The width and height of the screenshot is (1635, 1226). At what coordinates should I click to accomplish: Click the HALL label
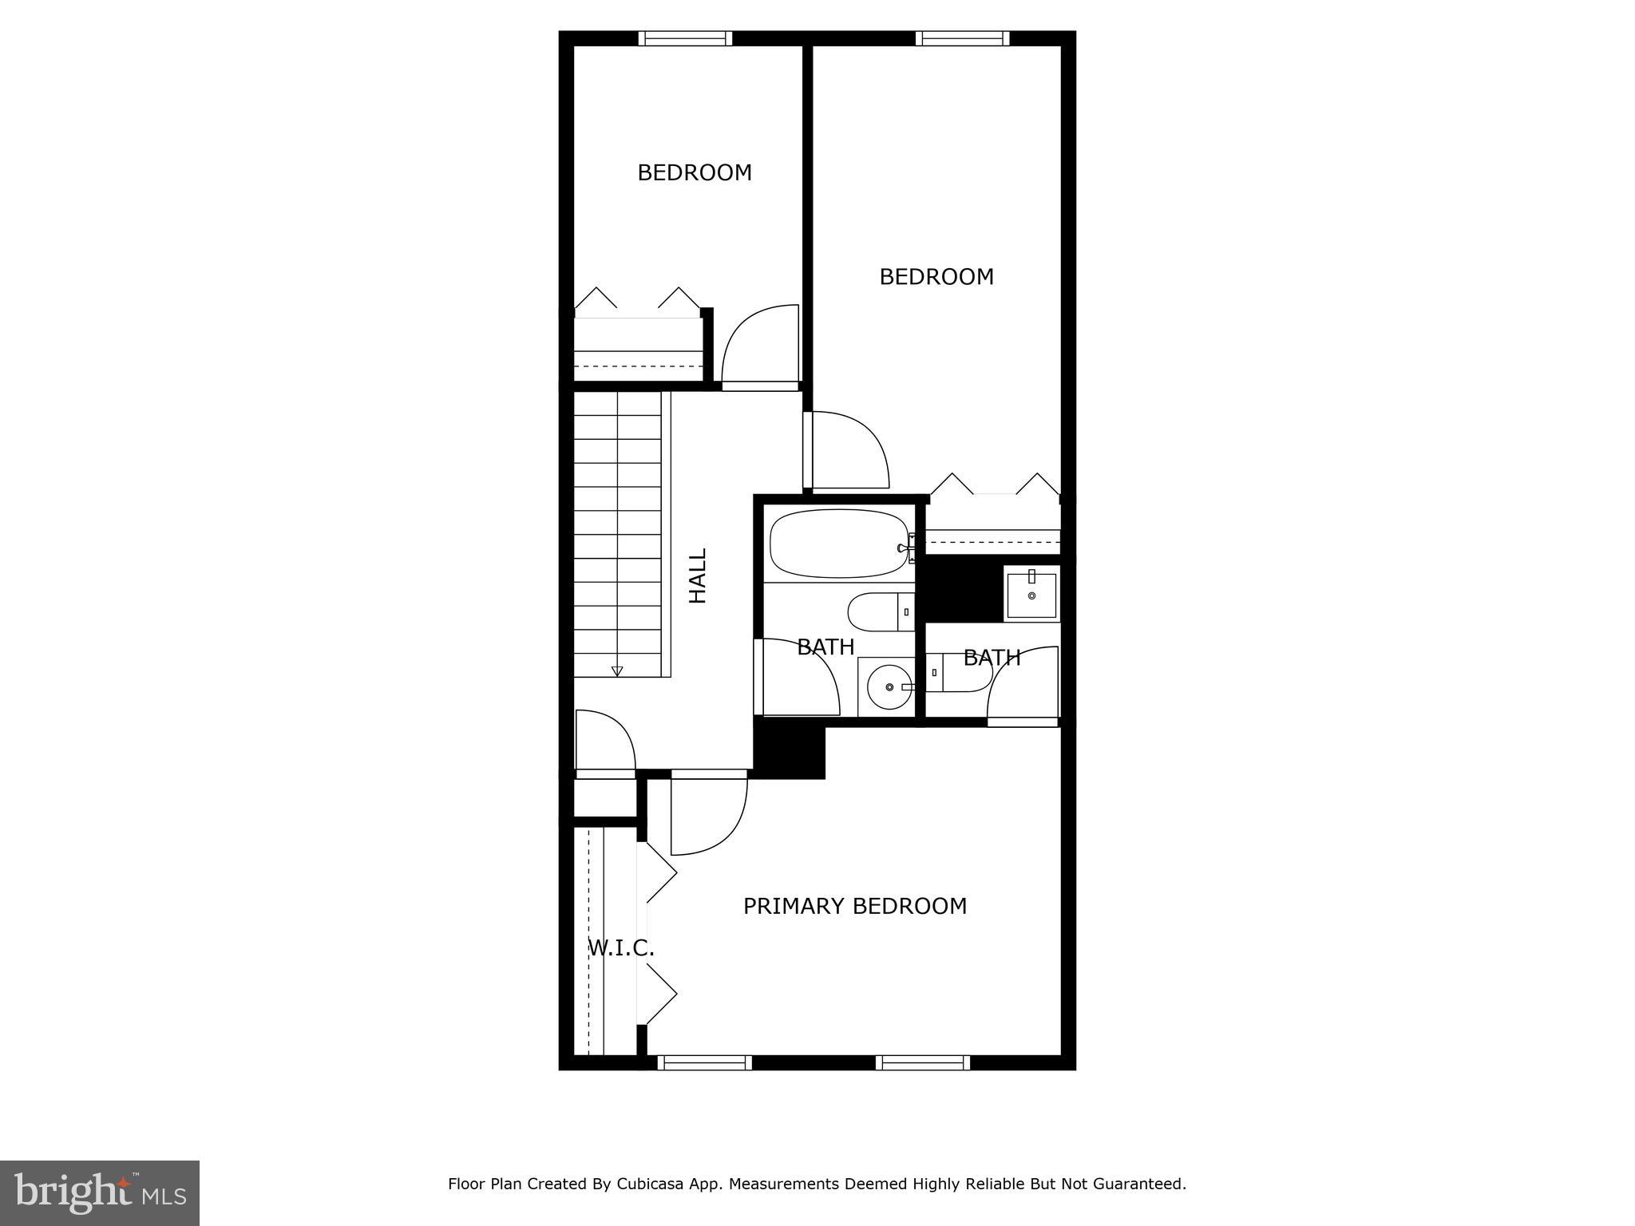coord(698,575)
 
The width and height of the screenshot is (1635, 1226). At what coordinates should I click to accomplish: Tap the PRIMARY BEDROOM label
coord(854,906)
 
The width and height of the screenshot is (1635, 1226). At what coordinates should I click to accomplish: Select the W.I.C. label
coord(621,948)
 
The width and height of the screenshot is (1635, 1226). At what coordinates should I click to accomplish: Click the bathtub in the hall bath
coord(838,544)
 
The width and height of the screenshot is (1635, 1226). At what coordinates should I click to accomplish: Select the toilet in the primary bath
coord(958,672)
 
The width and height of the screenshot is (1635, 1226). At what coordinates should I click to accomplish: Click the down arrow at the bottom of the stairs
coord(616,671)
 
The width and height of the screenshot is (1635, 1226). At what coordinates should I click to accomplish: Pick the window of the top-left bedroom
coord(685,38)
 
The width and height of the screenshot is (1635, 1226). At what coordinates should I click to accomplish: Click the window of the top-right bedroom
coord(962,38)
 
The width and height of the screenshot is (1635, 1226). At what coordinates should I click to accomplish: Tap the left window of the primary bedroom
coord(704,1062)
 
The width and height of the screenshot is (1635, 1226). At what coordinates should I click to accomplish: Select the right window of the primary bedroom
coord(922,1062)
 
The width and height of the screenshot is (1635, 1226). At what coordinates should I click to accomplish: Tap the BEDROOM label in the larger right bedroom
coord(936,277)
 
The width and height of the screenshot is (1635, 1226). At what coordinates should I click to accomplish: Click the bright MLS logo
coord(99,1192)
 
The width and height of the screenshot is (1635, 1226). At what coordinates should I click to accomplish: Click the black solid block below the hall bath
coord(790,748)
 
